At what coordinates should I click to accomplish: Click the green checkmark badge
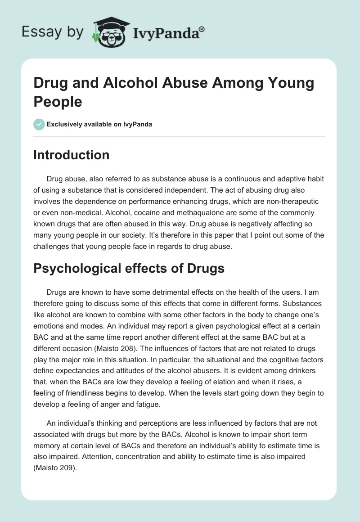(x=39, y=124)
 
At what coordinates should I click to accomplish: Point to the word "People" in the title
(x=58, y=101)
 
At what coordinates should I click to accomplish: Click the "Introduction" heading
(x=72, y=155)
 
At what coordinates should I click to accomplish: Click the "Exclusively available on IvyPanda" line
(x=99, y=124)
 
